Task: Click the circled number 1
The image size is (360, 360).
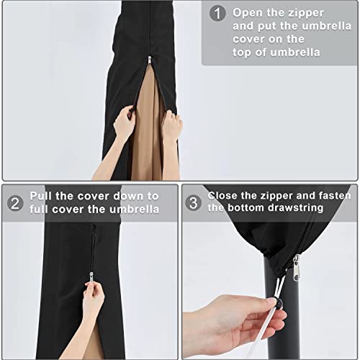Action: pyautogui.click(x=216, y=13)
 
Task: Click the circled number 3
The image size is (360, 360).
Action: pyautogui.click(x=193, y=202)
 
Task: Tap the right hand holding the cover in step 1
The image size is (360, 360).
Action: pyautogui.click(x=171, y=127)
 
